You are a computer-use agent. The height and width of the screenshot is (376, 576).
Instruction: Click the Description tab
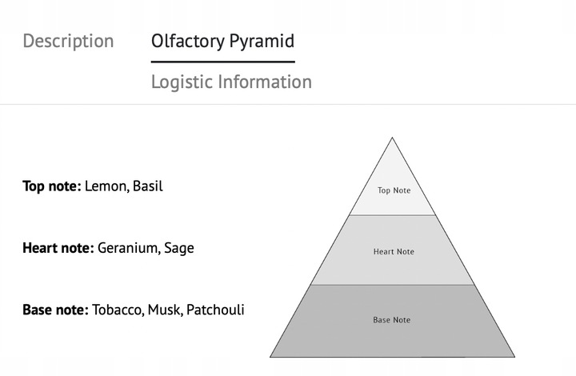coord(68,41)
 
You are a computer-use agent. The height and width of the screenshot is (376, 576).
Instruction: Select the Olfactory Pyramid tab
coord(222,41)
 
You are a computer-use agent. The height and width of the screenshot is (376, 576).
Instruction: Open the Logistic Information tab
coord(231,82)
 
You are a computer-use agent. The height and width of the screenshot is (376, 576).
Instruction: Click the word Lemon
coord(106,186)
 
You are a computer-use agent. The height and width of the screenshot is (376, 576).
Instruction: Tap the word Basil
coord(148,186)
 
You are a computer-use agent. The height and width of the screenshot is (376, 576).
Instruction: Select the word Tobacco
coord(117,309)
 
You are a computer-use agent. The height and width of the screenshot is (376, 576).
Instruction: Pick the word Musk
coord(164,309)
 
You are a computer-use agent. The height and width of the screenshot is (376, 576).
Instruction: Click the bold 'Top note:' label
coord(51,186)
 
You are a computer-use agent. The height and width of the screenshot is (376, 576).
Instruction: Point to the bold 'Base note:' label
coord(55,309)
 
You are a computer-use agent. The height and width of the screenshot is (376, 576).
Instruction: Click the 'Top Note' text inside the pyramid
coord(394,190)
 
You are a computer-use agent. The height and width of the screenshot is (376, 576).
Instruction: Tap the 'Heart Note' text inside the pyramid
coord(394,252)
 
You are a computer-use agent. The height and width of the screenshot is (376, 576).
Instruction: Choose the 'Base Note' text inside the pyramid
coord(392,320)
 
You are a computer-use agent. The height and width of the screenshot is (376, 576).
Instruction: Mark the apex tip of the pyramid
coord(392,138)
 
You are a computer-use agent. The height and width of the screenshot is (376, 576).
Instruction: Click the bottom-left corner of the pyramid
coord(270,356)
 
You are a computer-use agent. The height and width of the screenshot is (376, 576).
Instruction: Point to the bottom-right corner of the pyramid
coord(514,356)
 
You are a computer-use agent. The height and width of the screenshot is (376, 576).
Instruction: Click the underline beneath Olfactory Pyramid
coord(222,61)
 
